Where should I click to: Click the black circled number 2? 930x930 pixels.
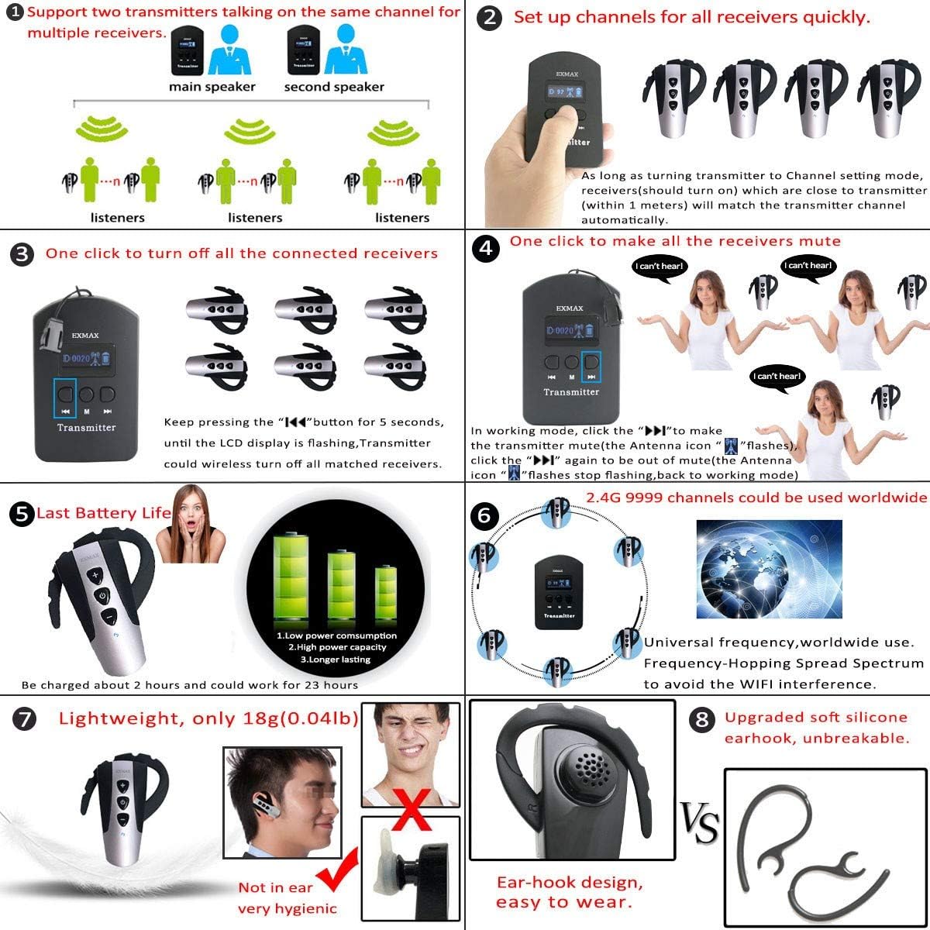[x=489, y=18]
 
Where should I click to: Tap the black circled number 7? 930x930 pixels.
[x=26, y=719]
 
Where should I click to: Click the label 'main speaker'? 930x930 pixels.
[x=212, y=87]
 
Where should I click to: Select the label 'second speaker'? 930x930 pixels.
[x=334, y=87]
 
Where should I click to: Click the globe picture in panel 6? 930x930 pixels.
[x=769, y=569]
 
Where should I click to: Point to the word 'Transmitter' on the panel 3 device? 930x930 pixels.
[x=86, y=428]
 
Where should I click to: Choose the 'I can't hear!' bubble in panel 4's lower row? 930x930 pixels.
[x=777, y=377]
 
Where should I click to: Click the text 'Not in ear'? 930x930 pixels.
[x=275, y=888]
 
